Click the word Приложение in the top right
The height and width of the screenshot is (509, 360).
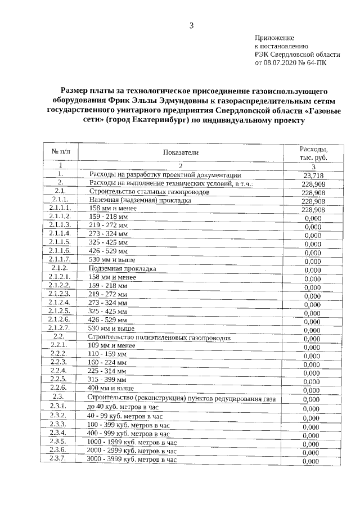pos(274,37)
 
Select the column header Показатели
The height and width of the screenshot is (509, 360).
pos(181,152)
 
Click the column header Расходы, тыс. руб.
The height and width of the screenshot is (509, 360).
pos(313,152)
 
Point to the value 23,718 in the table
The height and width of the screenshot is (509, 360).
pos(313,175)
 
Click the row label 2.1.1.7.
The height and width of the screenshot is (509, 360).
pos(60,259)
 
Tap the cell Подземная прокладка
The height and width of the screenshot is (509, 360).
pos(115,268)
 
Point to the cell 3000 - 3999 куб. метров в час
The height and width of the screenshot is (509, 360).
pos(132,460)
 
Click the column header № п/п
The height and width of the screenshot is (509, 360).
pos(60,152)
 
